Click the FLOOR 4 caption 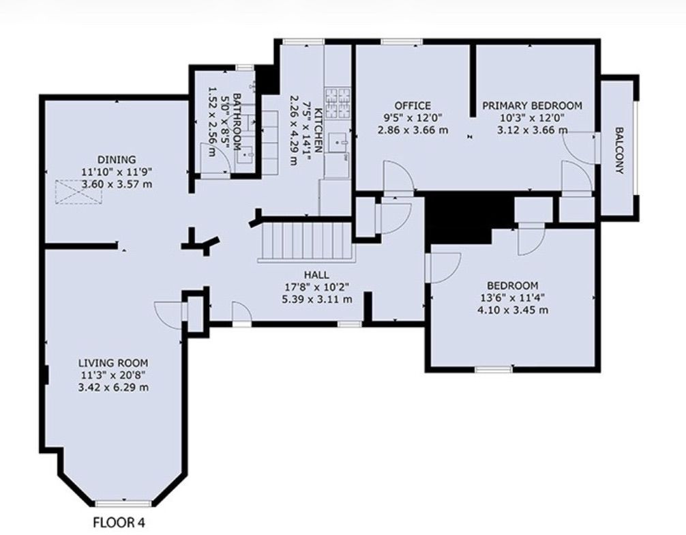click(119, 522)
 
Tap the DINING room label click(117, 160)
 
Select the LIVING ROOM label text click(113, 363)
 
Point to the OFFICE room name click(413, 106)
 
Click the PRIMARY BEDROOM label click(532, 106)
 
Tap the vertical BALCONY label click(619, 150)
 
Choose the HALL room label click(317, 275)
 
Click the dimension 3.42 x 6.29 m click(113, 388)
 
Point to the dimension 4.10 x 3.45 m click(513, 310)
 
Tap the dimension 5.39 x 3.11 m click(317, 300)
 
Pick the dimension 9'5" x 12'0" click(413, 117)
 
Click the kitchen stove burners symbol click(338, 103)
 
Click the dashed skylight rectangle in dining click(79, 192)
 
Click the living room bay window click(123, 503)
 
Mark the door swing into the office click(398, 177)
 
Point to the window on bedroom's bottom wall click(494, 369)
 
